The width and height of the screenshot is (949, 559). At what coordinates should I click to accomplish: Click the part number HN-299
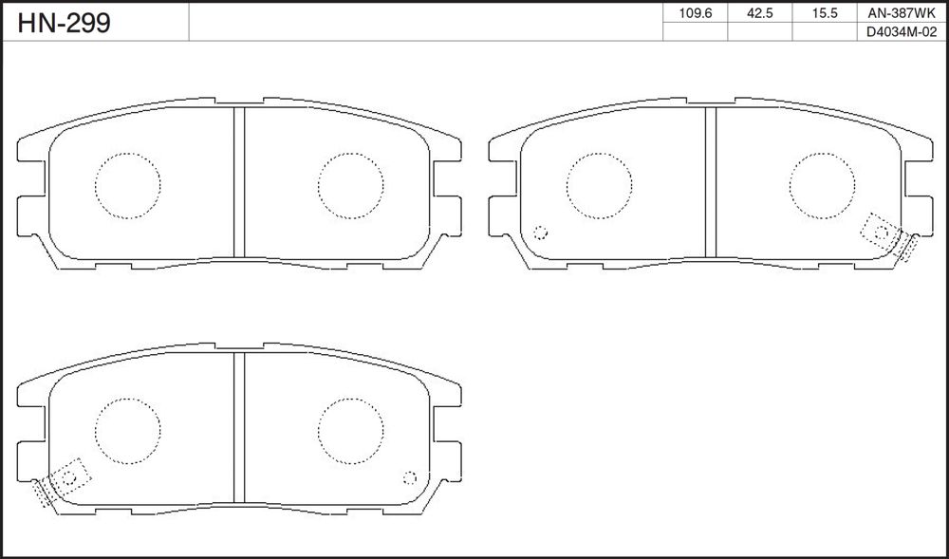(65, 23)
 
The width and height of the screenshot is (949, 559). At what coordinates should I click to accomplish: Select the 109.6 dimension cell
(696, 13)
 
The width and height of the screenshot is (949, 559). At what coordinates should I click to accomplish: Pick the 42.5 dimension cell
(760, 13)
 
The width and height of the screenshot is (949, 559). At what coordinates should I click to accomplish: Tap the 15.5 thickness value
(825, 13)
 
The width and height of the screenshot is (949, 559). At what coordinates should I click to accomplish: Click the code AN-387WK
(902, 13)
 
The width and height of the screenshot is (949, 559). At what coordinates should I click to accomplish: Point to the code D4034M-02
(902, 32)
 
